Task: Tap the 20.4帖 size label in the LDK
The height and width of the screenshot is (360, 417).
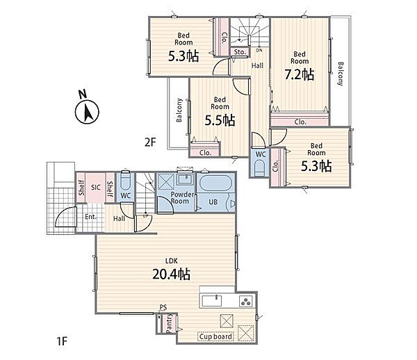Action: click(171, 274)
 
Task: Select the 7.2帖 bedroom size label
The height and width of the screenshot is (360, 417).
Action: click(299, 74)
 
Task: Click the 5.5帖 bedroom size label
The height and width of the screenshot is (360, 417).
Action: click(220, 120)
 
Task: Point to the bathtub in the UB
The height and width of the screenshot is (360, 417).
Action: click(214, 183)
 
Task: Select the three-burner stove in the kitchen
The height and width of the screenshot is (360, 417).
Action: click(245, 301)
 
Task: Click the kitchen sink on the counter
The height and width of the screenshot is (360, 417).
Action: click(212, 301)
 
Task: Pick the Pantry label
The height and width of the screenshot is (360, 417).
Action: click(169, 324)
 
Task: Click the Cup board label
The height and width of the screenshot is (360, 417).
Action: click(215, 336)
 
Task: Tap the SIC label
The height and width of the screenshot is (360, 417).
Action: click(96, 188)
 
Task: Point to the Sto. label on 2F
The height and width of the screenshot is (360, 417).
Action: click(240, 52)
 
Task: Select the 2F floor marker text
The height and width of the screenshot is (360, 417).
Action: click(149, 142)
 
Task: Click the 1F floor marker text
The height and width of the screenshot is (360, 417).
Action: click(62, 341)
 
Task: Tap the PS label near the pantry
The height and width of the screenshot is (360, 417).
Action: click(163, 307)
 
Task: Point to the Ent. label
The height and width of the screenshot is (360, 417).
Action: click(90, 217)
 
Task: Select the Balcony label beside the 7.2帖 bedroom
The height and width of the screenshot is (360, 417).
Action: click(341, 74)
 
